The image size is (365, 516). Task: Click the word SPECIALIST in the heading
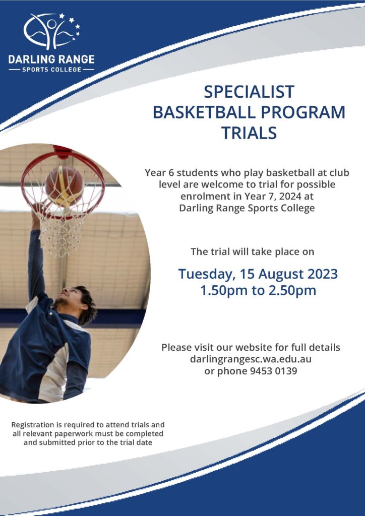[249, 91]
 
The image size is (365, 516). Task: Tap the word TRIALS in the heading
[249, 133]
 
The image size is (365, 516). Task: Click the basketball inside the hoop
[65, 185]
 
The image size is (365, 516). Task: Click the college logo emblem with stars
[51, 31]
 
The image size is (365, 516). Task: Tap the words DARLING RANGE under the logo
[51, 59]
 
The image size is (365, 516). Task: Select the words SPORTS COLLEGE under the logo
[51, 70]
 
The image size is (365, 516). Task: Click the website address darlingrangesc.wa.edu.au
[251, 359]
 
